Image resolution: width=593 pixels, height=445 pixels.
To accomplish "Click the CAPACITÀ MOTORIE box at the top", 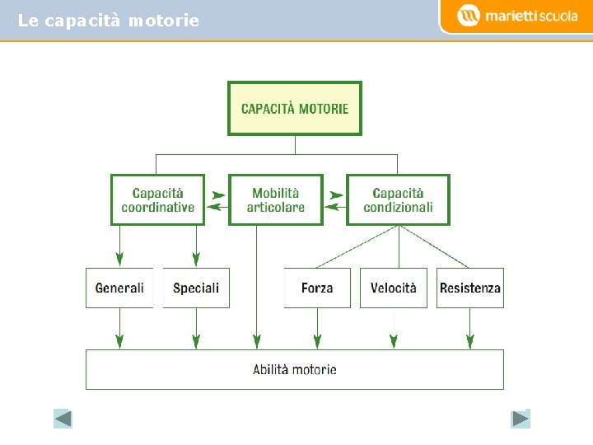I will (294, 108).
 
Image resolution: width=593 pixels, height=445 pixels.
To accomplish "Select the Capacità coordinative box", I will (157, 199).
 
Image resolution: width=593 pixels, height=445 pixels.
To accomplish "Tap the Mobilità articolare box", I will (275, 199).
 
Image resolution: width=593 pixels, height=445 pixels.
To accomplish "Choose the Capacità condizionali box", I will (398, 199).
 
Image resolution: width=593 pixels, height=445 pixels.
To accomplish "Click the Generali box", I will (119, 288).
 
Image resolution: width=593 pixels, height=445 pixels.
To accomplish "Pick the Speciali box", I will (196, 288).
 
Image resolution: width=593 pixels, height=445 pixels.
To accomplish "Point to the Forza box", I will (317, 288).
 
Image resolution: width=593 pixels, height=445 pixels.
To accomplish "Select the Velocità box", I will (394, 288).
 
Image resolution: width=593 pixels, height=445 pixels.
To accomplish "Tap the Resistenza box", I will (470, 288).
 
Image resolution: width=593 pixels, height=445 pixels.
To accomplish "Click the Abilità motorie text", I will (295, 369).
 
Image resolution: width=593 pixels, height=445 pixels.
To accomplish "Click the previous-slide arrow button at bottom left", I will (63, 419).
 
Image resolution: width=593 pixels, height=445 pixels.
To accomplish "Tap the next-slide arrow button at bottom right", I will (520, 419).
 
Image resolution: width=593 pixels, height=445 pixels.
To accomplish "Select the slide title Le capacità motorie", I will (108, 21).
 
